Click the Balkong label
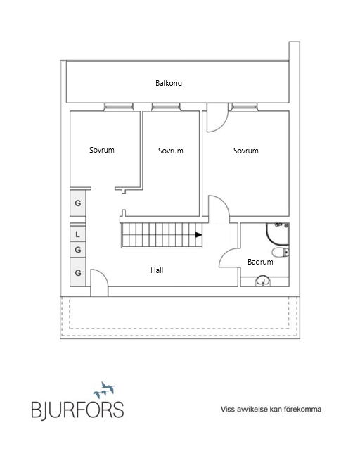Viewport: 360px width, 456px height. [169, 84]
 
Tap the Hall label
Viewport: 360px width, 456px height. [157, 270]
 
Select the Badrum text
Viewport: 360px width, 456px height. [260, 262]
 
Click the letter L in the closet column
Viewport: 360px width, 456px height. [77, 234]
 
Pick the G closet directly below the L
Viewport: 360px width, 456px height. [77, 250]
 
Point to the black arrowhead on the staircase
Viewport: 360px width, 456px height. [199, 235]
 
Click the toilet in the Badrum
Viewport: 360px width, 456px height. [281, 252]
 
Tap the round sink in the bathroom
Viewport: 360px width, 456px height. [263, 281]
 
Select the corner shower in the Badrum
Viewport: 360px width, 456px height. [278, 234]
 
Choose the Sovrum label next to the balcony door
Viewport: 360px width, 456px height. [246, 151]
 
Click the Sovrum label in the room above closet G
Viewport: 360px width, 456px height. [102, 150]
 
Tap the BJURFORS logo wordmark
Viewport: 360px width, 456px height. [77, 410]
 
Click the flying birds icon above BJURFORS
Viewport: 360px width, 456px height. [105, 390]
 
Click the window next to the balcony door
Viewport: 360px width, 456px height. [245, 107]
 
